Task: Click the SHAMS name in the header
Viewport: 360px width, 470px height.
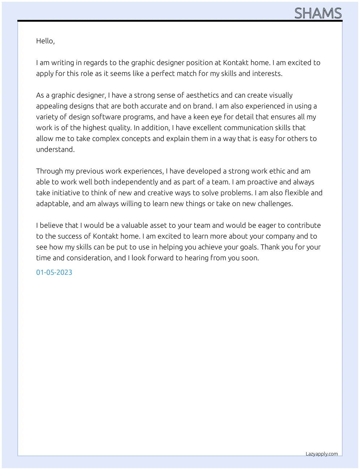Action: (318, 13)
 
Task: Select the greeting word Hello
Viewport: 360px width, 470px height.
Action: (45, 41)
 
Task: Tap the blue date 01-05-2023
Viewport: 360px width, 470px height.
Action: (54, 273)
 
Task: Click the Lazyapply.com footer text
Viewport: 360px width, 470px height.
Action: (322, 454)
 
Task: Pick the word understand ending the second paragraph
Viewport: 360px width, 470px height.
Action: (55, 150)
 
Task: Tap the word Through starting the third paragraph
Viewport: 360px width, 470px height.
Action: (50, 171)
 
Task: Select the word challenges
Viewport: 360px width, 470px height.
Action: (275, 204)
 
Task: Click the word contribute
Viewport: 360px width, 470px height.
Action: (304, 226)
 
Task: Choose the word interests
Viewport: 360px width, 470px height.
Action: (267, 74)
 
